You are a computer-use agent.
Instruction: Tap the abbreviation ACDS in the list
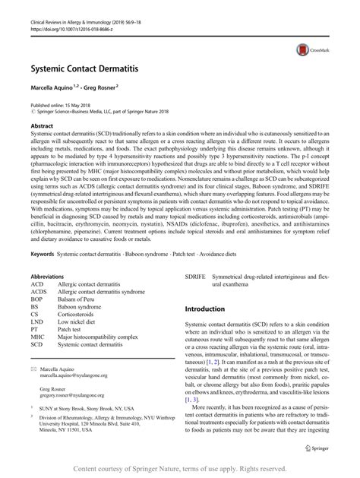click(39, 270)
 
